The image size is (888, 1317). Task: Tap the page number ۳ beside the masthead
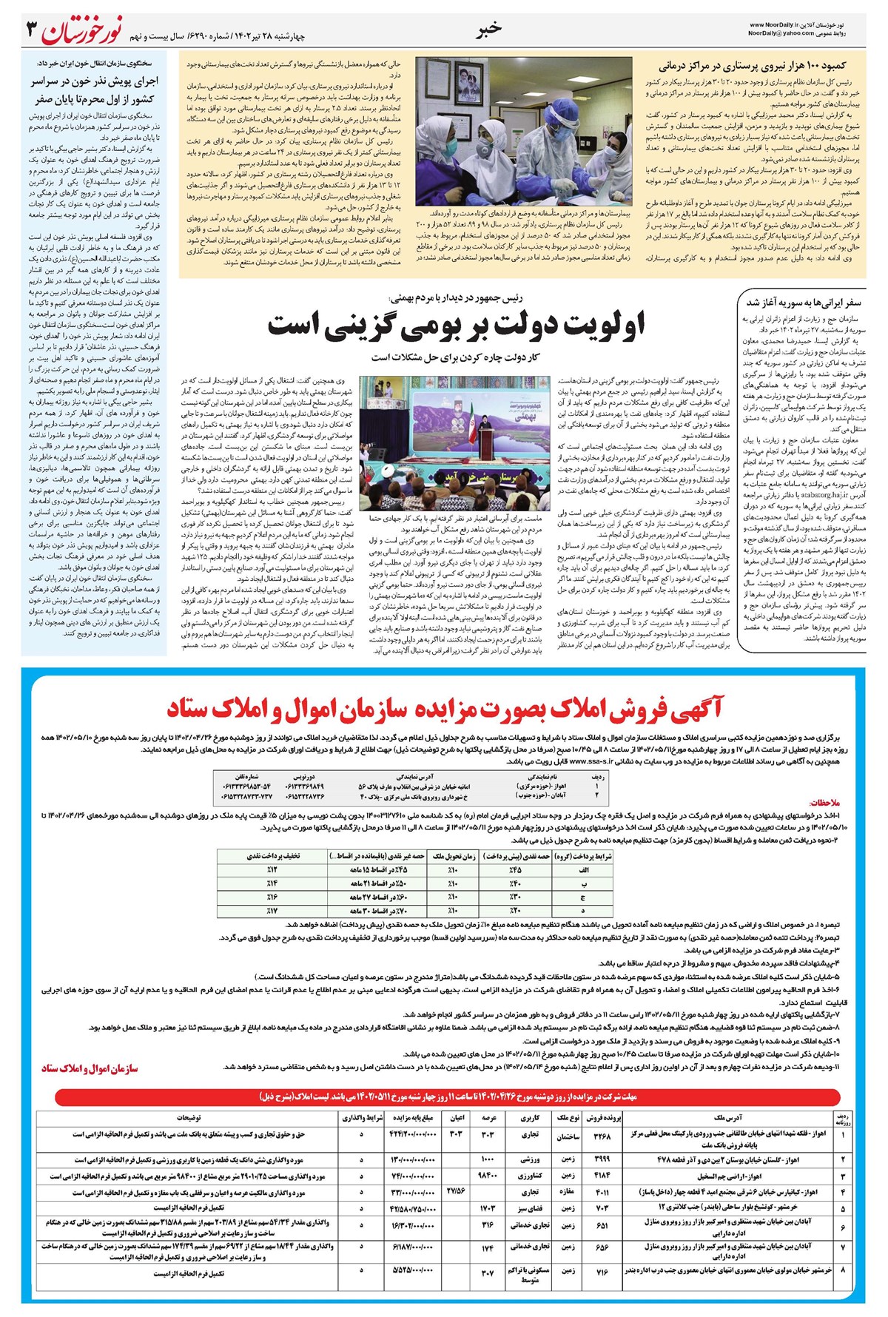coord(31,31)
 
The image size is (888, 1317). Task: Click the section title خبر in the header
coord(489,28)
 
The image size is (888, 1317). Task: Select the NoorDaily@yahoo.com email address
coord(781,33)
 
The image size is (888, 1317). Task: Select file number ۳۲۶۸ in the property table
coord(602,1136)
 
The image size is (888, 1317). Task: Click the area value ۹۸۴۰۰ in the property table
coord(487,1175)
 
